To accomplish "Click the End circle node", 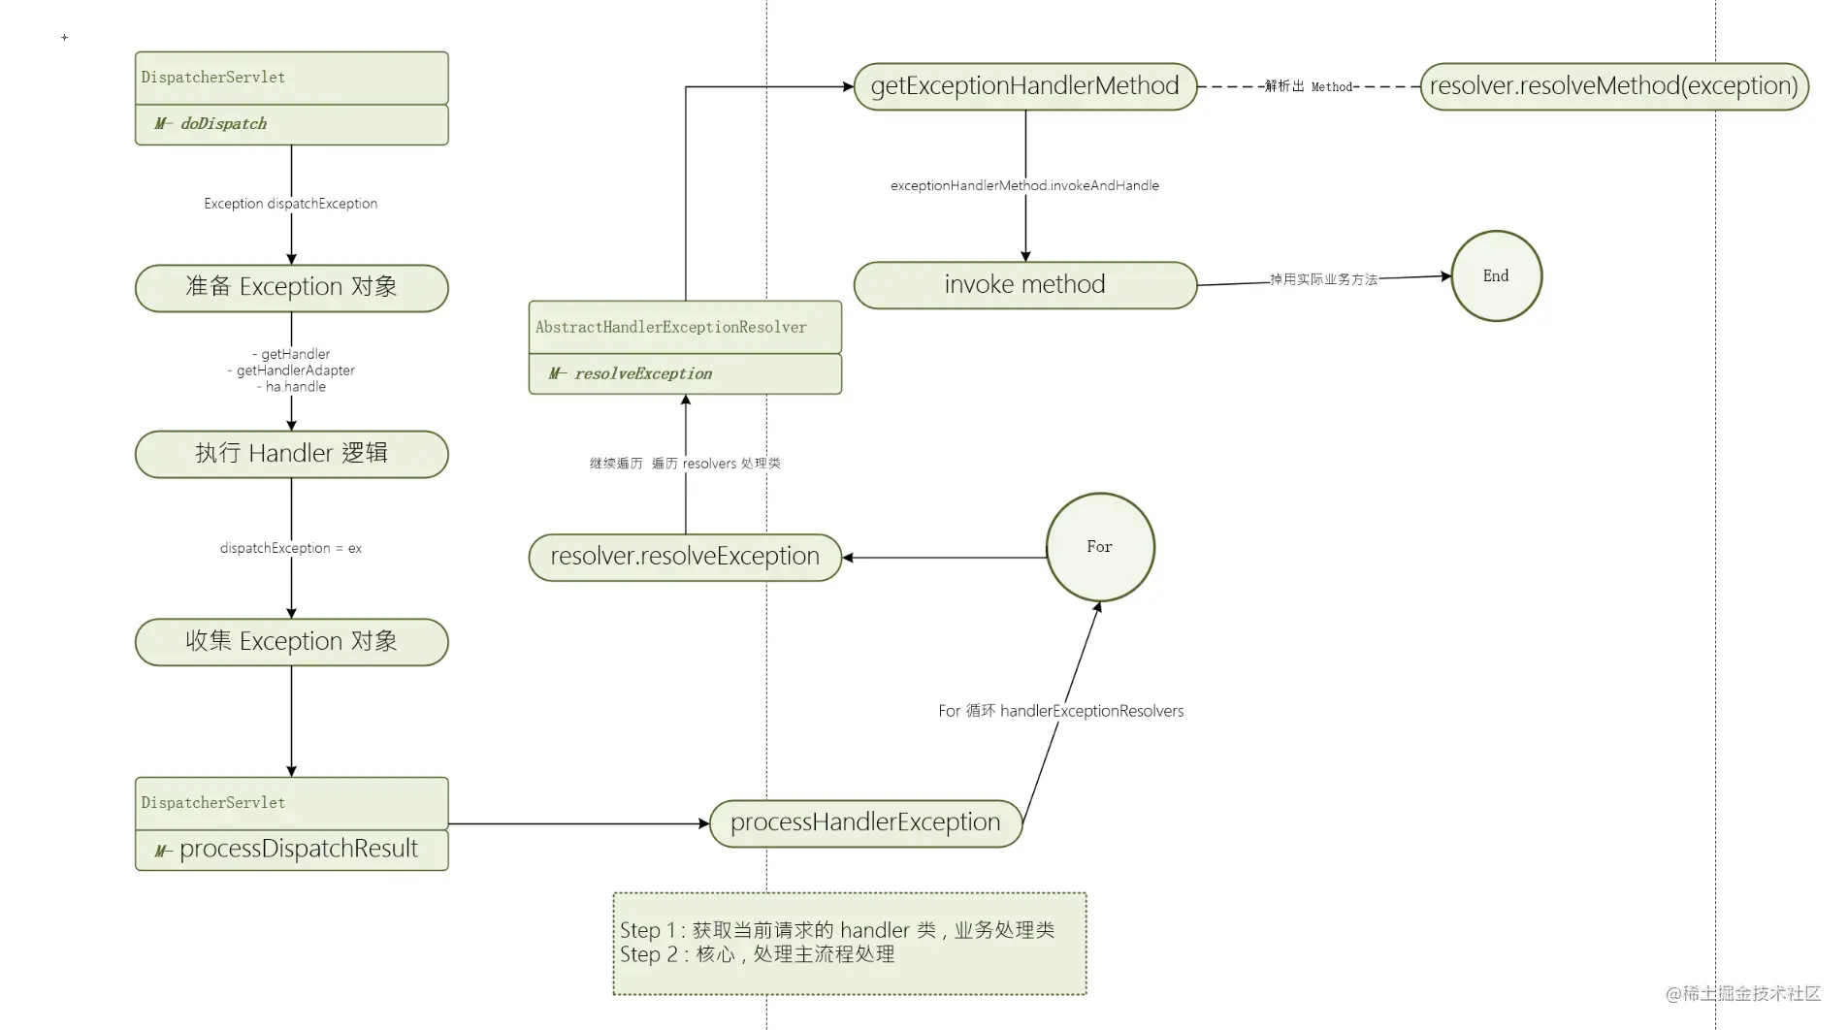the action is point(1496,275).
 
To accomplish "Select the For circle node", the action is point(1100,547).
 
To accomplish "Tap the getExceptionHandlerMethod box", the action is point(1024,86).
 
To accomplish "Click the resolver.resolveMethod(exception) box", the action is point(1614,86).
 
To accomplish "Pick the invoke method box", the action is point(1024,285).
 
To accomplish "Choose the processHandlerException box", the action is point(865,823).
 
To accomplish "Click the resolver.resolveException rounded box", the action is point(685,558).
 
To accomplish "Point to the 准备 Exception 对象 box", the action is point(291,288).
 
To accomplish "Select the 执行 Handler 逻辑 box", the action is point(291,454).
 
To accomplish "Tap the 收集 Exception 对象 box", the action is point(291,642).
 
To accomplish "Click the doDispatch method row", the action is point(291,124).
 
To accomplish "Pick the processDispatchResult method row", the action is point(291,850).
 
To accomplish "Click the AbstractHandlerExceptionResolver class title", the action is point(685,328).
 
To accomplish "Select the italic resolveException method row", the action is point(685,373).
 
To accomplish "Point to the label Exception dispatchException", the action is point(291,204).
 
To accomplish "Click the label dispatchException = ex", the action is point(291,548).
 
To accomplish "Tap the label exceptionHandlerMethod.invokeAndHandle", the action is point(1024,185).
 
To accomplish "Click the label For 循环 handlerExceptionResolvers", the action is point(1060,711).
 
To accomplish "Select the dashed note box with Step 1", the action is point(850,944).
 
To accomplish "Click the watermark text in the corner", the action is point(1743,993).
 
